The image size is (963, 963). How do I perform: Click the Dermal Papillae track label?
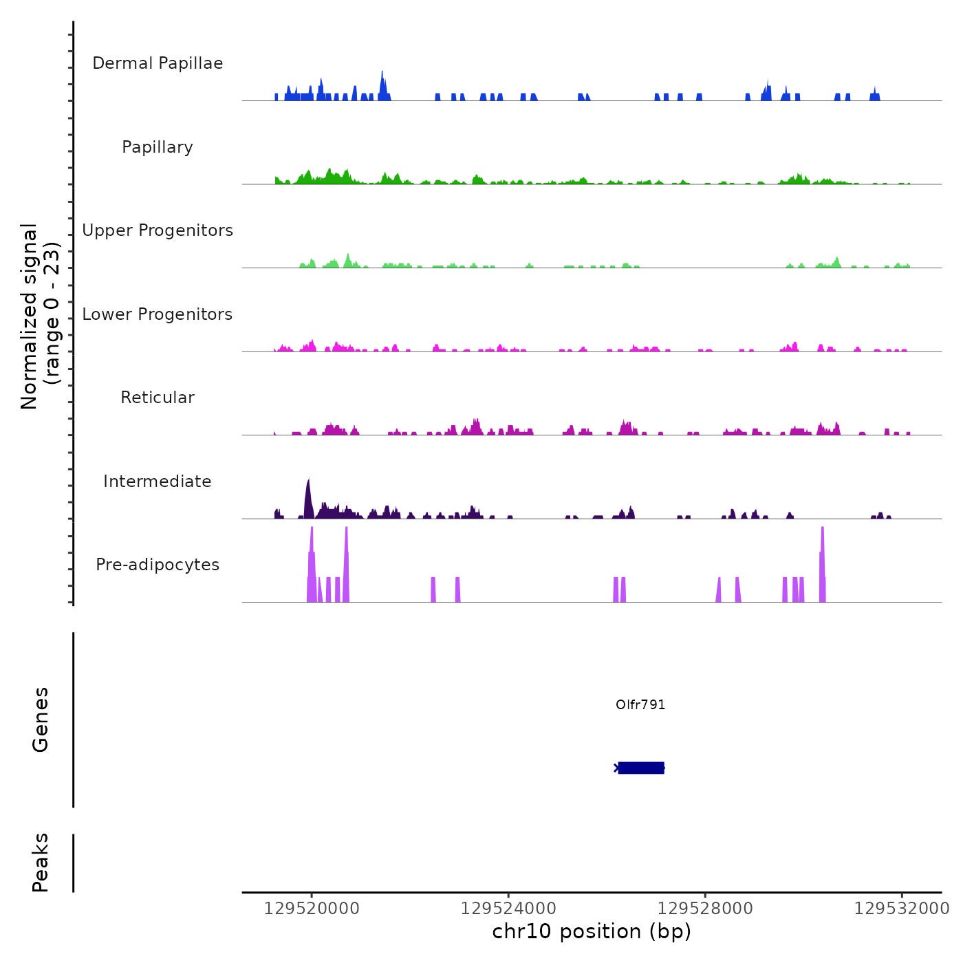(x=158, y=63)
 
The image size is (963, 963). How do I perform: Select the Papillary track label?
(x=158, y=147)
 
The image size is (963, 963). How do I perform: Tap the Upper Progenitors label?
(x=158, y=230)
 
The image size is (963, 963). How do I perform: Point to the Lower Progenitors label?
(x=158, y=314)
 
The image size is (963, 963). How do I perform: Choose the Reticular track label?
(x=158, y=398)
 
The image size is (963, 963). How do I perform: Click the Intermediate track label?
(x=158, y=481)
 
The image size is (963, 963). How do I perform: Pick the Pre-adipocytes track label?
(x=158, y=565)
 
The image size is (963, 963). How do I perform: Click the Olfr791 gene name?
(x=640, y=704)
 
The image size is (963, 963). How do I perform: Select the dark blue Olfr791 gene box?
(x=641, y=768)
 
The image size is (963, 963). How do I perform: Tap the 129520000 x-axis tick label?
(x=312, y=909)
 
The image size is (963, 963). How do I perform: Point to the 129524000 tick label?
(x=508, y=909)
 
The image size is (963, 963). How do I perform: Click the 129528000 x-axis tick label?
(x=705, y=909)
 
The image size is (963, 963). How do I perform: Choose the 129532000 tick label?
(x=902, y=909)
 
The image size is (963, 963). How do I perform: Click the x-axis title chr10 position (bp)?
(x=592, y=931)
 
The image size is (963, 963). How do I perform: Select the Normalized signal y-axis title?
(x=40, y=316)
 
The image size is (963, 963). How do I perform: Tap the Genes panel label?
(x=41, y=719)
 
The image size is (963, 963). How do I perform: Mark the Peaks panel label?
(x=41, y=863)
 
